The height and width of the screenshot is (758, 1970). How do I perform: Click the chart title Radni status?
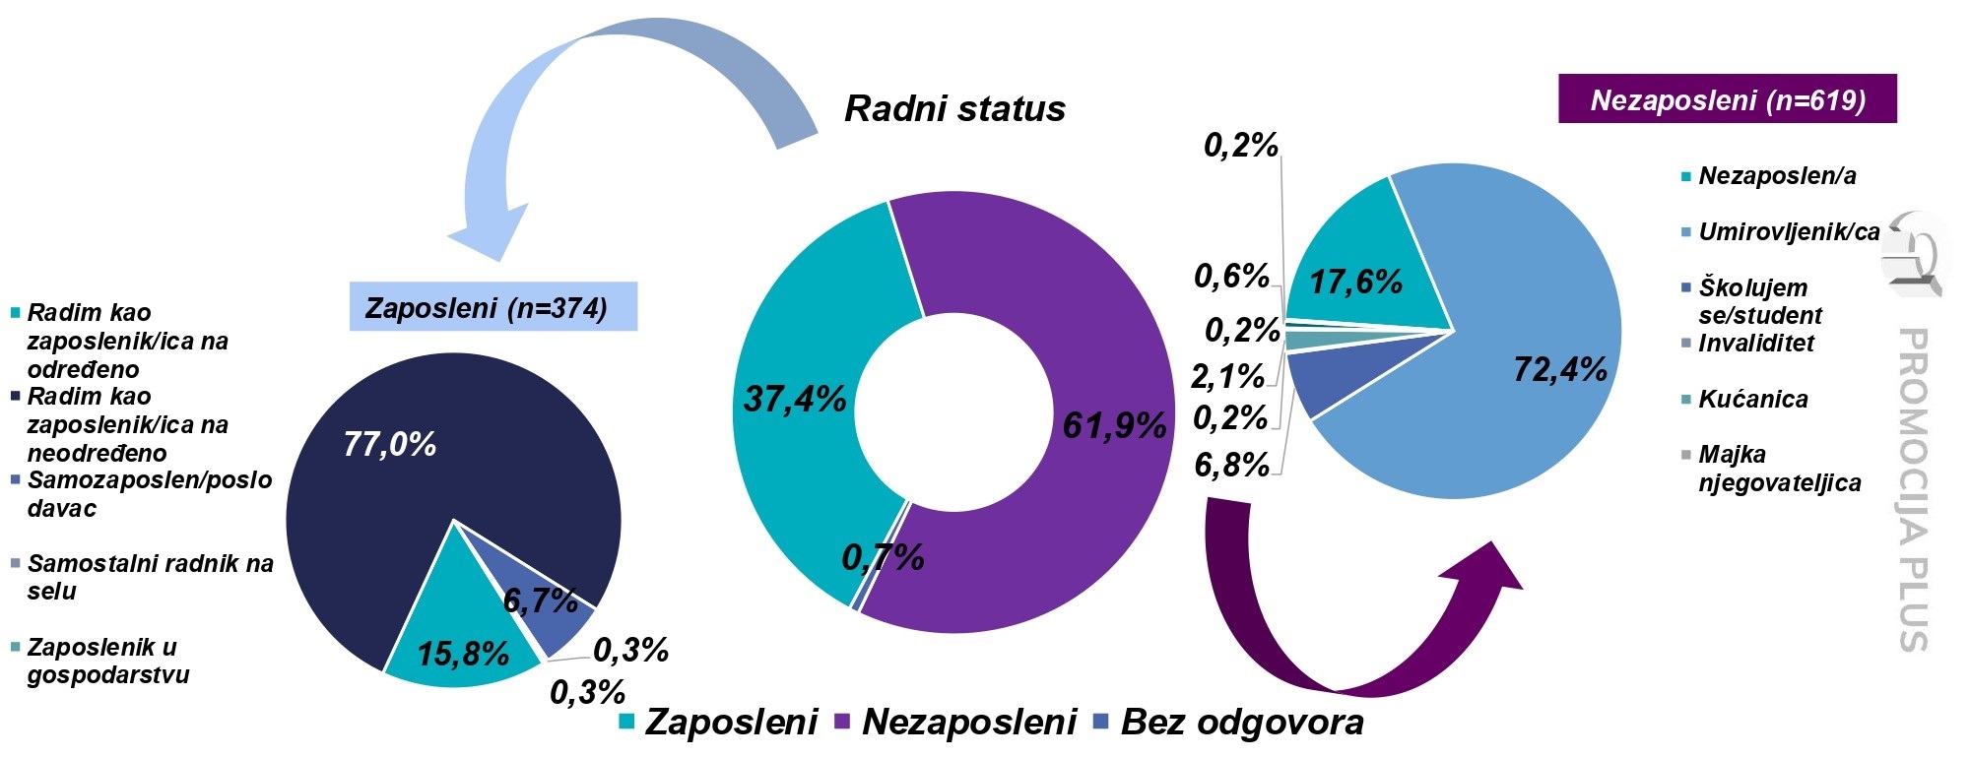(x=954, y=108)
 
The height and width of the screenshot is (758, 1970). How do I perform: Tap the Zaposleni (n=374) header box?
(x=492, y=307)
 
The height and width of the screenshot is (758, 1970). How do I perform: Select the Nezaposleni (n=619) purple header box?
(x=1727, y=99)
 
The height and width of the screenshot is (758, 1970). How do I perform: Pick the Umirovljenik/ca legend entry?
(x=1788, y=232)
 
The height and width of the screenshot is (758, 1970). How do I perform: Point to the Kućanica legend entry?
(x=1753, y=399)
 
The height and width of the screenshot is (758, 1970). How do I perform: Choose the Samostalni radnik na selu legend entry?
(x=148, y=577)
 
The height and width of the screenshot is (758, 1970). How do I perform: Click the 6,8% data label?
(x=1230, y=465)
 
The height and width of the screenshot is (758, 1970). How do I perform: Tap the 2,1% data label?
(x=1226, y=376)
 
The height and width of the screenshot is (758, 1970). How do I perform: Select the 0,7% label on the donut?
(x=883, y=559)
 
